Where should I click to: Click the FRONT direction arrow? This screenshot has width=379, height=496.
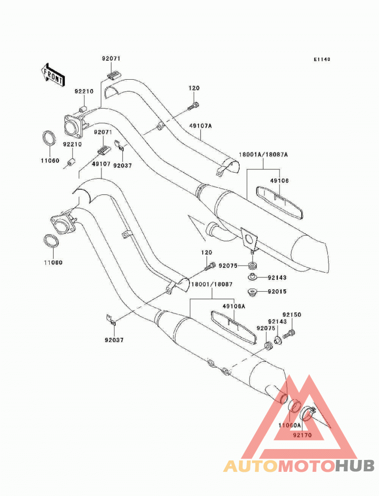point(52,75)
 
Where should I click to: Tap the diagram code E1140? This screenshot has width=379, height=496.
point(322,59)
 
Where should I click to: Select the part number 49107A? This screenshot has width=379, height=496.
point(200,126)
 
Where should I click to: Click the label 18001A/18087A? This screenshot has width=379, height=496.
point(263,155)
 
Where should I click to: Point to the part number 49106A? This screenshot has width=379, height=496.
point(234,306)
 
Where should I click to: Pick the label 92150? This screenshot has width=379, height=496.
point(292,315)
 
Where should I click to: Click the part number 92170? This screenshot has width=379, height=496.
point(302,435)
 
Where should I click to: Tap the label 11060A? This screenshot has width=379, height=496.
point(289,425)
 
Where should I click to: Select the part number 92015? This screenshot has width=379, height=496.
point(277,291)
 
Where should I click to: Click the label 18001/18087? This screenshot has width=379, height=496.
point(211,284)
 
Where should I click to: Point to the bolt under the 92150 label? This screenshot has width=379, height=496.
point(289,333)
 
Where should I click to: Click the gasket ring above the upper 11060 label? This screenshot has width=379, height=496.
point(50,138)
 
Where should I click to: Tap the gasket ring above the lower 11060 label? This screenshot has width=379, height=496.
point(51,242)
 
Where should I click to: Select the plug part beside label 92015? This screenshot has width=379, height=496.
point(252,292)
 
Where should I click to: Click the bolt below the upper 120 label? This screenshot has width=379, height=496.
point(193,106)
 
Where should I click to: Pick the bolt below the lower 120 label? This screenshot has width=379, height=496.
point(210,266)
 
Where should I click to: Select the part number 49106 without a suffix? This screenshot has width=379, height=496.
point(280,181)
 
